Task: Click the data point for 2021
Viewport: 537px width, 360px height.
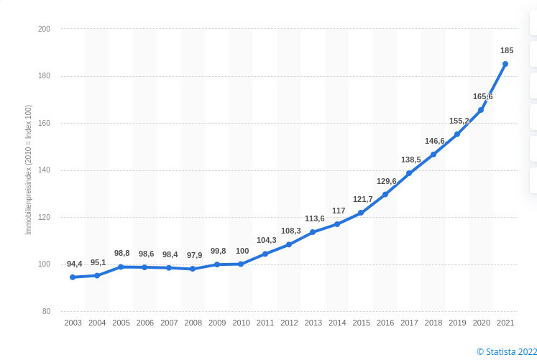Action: (505, 64)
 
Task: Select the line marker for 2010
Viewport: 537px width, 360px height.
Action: (241, 264)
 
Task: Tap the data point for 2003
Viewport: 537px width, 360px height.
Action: (73, 277)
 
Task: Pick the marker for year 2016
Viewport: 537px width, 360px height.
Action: (385, 194)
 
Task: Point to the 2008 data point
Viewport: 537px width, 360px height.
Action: (193, 269)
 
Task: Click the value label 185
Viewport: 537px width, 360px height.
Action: (507, 50)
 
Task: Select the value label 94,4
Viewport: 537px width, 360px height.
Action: (75, 264)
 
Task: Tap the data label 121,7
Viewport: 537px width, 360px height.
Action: (362, 199)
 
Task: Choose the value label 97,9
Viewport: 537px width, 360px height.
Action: (195, 255)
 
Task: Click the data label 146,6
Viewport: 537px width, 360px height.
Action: (435, 141)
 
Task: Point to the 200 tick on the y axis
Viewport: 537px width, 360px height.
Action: (45, 29)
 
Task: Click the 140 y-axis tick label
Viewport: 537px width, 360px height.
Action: (45, 170)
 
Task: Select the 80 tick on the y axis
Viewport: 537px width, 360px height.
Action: (47, 311)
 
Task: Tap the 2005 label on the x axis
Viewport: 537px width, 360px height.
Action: (121, 323)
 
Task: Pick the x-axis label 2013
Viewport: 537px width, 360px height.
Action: (313, 323)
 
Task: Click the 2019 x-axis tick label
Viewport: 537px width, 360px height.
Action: (457, 323)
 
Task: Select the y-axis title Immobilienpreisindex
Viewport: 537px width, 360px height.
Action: (29, 170)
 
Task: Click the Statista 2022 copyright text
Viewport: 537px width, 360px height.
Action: (506, 351)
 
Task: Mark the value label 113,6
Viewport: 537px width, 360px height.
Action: (314, 218)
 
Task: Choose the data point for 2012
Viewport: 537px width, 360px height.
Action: (289, 244)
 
